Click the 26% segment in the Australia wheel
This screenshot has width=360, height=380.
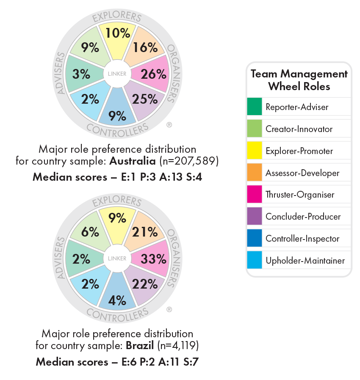coord(153,74)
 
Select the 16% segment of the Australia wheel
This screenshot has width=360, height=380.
coord(146,47)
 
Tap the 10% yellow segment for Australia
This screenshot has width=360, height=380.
coord(117,34)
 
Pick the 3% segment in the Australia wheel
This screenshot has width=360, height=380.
coord(81,74)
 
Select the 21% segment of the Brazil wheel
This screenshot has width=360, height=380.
coord(146,232)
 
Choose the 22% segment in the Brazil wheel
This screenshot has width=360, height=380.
coord(145,284)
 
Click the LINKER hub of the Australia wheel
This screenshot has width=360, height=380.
coord(117,74)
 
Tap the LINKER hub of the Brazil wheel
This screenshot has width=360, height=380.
coord(117,258)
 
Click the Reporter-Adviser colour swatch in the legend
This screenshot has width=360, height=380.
coord(254,107)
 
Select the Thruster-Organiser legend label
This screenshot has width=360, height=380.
coord(300,195)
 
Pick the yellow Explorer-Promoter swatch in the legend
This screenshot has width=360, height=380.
coord(254,151)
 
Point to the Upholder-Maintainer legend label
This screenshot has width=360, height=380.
coord(305,261)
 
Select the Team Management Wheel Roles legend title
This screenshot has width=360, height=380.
coord(299,80)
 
